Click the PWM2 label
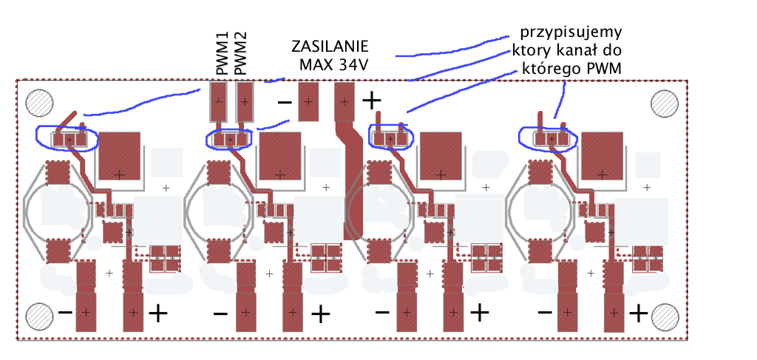pos(240,53)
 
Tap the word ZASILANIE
pos(329,46)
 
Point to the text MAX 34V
pos(333,64)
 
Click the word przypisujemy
pos(571,33)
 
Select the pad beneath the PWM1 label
pos(218,102)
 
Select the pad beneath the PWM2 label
pos(245,102)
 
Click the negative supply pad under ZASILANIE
pos(308,102)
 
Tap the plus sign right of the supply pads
pos(372,100)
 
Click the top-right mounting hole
pos(665,103)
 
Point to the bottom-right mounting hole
pos(665,316)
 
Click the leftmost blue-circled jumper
pos(67,138)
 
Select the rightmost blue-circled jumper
pos(548,137)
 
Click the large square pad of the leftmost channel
pos(119,156)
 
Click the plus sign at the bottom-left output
pos(157,313)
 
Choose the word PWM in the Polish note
pos(605,69)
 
